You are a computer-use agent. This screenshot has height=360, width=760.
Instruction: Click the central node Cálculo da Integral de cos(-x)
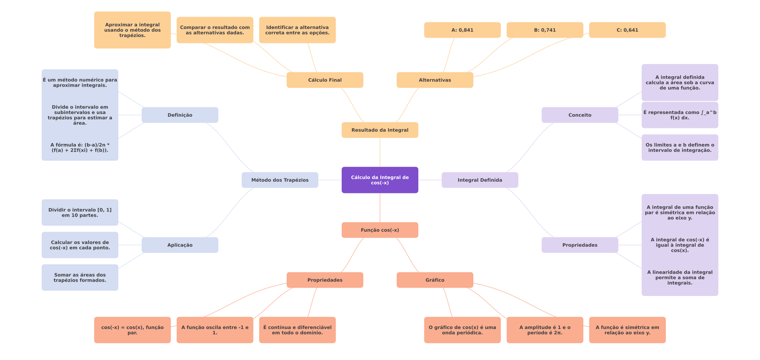click(x=380, y=180)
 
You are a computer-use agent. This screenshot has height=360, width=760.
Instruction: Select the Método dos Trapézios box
click(x=280, y=180)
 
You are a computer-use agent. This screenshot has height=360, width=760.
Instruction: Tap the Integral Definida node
click(x=480, y=180)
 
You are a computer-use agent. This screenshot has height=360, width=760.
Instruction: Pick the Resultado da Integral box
click(x=380, y=130)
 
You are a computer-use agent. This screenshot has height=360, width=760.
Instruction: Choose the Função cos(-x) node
click(x=380, y=230)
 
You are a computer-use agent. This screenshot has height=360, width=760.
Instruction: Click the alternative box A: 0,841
click(x=462, y=30)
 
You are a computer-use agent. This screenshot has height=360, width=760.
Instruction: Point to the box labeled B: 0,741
click(x=545, y=30)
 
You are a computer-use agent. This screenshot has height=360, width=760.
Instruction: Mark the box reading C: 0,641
click(x=627, y=30)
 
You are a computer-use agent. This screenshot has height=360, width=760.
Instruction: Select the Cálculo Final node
click(x=325, y=80)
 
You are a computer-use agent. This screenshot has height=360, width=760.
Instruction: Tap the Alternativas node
click(x=435, y=80)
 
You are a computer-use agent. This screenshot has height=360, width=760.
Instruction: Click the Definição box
click(x=180, y=115)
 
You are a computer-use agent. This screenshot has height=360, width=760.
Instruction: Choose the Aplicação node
click(x=180, y=245)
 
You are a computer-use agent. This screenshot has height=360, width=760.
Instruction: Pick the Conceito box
click(x=580, y=115)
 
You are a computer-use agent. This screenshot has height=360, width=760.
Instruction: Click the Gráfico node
click(x=435, y=280)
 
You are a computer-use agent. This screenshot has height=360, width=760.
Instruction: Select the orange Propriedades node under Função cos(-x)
click(x=325, y=280)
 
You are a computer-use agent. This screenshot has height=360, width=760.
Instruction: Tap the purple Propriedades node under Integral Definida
click(x=580, y=245)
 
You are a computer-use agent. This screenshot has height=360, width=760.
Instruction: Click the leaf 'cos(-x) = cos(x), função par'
click(x=132, y=330)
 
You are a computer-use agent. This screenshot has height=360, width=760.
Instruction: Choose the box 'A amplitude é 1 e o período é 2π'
click(x=545, y=330)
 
